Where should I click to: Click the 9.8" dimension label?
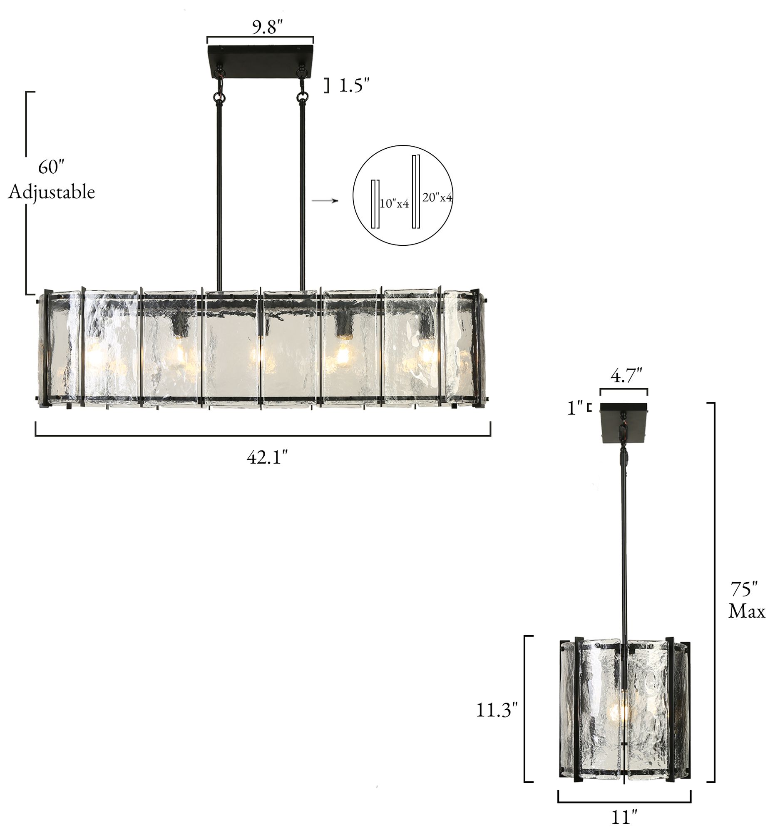(x=268, y=27)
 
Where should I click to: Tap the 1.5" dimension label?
(x=354, y=86)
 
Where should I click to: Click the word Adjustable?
(x=52, y=192)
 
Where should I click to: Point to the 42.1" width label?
(x=267, y=457)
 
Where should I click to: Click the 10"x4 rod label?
(x=394, y=204)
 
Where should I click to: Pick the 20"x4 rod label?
(x=437, y=197)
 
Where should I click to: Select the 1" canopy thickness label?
(x=575, y=408)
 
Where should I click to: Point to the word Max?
(x=747, y=611)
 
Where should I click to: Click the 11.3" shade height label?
(x=497, y=710)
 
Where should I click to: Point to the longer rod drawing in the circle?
(x=415, y=192)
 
